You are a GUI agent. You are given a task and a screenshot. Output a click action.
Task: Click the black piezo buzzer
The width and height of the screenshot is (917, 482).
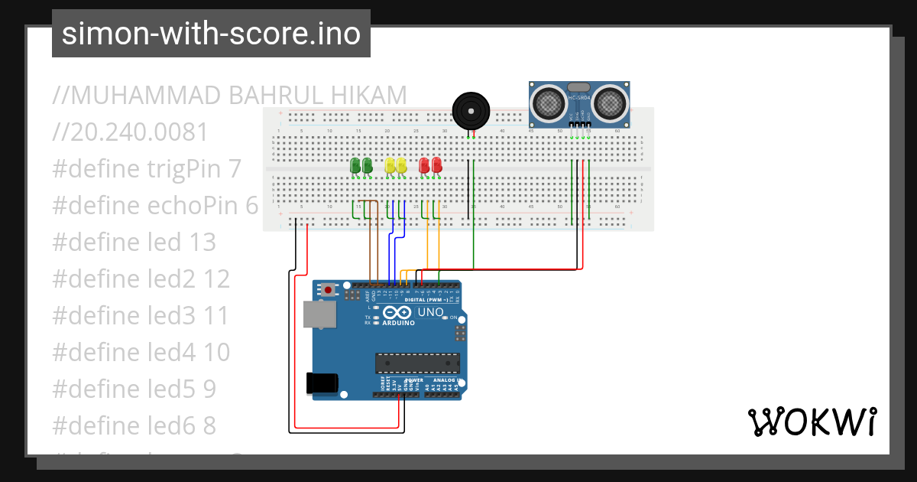pyautogui.click(x=470, y=111)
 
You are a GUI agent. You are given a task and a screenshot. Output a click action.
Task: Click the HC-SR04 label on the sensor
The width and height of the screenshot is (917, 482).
pyautogui.click(x=579, y=98)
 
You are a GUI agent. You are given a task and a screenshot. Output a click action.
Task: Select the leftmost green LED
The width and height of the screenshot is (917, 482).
pyautogui.click(x=355, y=165)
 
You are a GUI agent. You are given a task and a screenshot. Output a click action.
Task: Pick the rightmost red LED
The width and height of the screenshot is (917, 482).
pyautogui.click(x=437, y=165)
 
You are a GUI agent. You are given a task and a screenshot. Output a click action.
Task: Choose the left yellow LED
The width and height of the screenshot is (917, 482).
pyautogui.click(x=390, y=165)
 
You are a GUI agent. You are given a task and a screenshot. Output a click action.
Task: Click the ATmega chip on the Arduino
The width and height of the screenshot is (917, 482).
pyautogui.click(x=416, y=363)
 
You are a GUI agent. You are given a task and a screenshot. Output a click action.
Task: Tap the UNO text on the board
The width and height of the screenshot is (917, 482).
pyautogui.click(x=430, y=312)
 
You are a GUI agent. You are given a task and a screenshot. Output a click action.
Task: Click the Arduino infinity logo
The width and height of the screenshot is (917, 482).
pyautogui.click(x=397, y=312)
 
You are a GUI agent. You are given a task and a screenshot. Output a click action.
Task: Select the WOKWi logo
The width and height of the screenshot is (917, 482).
pyautogui.click(x=812, y=422)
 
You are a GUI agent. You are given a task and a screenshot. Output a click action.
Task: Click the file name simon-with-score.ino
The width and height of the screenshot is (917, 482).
pyautogui.click(x=211, y=34)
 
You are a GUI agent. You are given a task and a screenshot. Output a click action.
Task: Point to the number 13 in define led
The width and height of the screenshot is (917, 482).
pyautogui.click(x=203, y=243)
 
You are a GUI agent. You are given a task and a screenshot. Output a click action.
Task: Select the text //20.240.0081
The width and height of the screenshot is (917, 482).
pyautogui.click(x=131, y=132)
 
